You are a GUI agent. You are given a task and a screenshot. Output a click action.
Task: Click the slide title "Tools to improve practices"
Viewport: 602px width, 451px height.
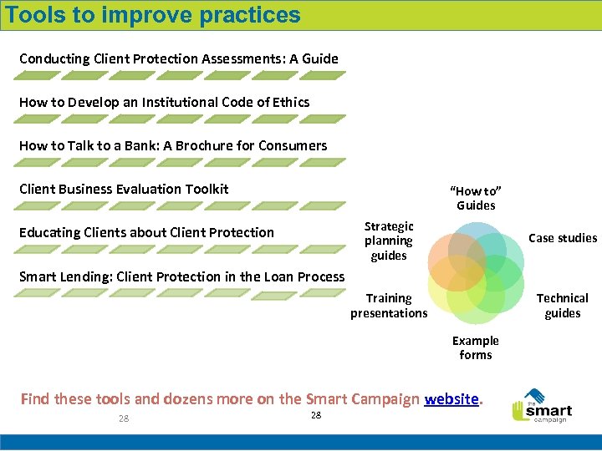(x=152, y=15)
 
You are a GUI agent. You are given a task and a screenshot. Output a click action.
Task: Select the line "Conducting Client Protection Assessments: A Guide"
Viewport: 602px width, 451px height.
(x=179, y=58)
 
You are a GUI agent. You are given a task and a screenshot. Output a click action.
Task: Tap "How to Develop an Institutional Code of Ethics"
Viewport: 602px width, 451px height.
(x=164, y=102)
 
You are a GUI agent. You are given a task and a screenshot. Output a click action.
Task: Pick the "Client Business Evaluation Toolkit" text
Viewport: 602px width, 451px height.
(x=124, y=189)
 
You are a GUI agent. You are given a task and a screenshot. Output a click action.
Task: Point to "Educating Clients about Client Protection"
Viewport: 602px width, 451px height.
(x=146, y=232)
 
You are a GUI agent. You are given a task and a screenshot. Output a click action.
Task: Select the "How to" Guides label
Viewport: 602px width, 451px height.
(x=476, y=198)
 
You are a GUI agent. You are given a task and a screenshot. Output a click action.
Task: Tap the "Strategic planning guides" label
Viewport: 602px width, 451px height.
(x=389, y=241)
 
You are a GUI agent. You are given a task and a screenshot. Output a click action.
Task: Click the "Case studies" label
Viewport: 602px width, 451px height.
(x=563, y=238)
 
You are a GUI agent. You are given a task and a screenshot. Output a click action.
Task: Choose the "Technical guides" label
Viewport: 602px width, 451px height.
(x=562, y=306)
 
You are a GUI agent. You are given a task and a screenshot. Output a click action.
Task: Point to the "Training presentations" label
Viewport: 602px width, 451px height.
(x=389, y=306)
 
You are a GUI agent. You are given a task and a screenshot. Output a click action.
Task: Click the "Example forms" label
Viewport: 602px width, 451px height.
(x=476, y=347)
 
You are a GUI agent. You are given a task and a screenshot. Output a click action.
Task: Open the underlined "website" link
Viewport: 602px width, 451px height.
(x=452, y=398)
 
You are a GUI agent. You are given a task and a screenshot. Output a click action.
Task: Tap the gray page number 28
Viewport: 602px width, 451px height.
(x=124, y=418)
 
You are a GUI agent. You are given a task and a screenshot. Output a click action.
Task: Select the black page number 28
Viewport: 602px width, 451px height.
(x=315, y=415)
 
